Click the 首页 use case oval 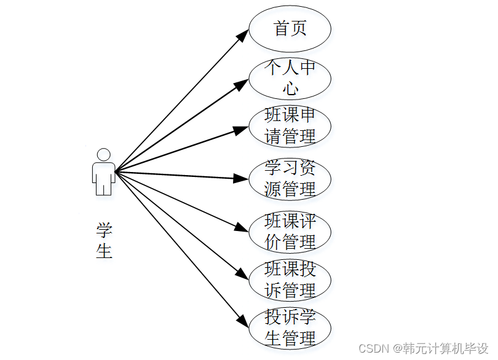290,29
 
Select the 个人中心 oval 290,78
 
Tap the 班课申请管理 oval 290,126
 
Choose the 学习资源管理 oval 290,178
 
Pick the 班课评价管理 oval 290,232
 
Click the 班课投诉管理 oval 290,280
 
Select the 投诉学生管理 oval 290,327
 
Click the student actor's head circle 104,154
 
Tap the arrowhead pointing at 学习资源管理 242,179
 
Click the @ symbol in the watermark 398,348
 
